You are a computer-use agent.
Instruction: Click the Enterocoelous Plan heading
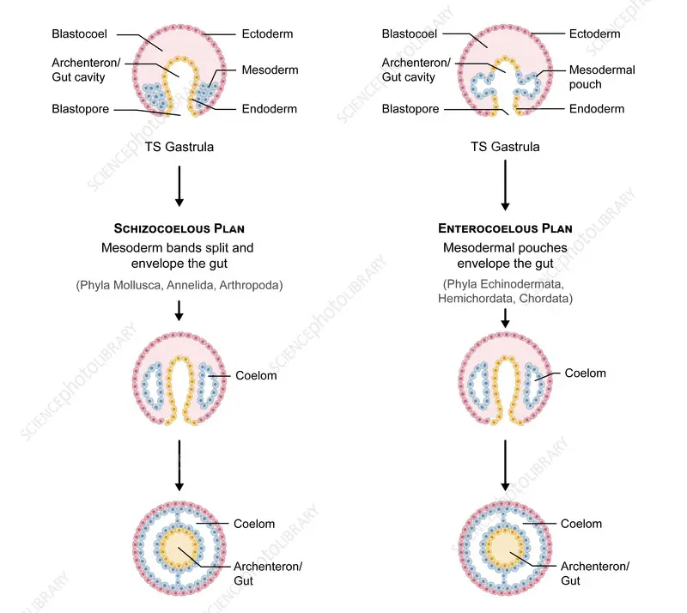505,229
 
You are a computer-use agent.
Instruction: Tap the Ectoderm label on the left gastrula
268,34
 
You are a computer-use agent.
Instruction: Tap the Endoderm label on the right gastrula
597,109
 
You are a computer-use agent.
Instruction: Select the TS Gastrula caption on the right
505,147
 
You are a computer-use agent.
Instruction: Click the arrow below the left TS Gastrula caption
179,185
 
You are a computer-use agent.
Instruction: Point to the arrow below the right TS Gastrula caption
505,187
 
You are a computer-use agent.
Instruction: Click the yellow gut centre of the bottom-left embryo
179,547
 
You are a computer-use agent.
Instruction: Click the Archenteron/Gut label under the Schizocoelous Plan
268,574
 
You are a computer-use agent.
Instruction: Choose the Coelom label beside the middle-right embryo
585,373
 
